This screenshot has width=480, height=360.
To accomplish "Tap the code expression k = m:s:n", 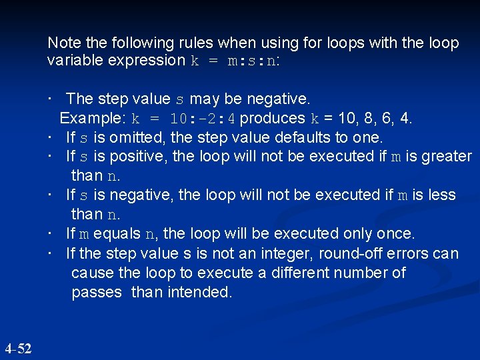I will [x=235, y=61].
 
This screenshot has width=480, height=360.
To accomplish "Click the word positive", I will [x=123, y=156].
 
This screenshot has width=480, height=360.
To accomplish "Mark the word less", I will [x=443, y=195].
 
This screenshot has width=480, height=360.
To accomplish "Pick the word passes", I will [x=97, y=292].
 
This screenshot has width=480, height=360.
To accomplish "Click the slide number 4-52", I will [x=18, y=348].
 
